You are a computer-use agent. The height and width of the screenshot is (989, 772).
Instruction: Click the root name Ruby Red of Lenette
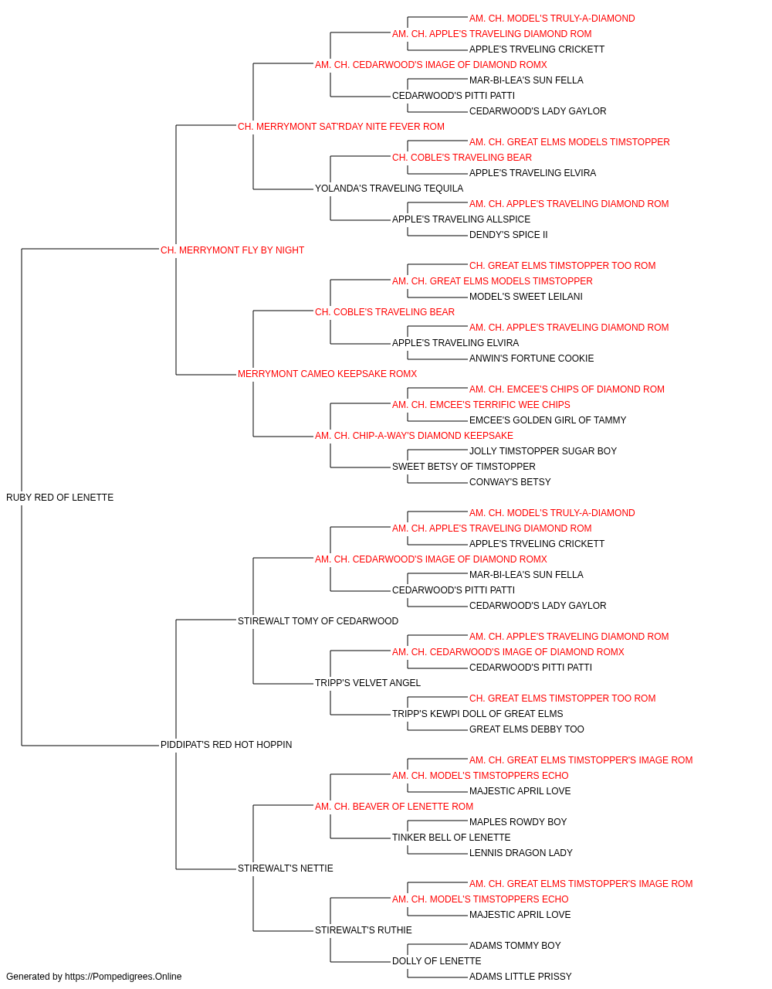pyautogui.click(x=59, y=498)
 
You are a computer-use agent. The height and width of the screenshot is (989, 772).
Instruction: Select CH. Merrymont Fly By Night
pyautogui.click(x=232, y=250)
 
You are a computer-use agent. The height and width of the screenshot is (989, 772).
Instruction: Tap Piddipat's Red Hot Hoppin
pyautogui.click(x=226, y=745)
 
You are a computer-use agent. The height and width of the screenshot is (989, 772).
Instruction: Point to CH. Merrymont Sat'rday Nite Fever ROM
pyautogui.click(x=341, y=127)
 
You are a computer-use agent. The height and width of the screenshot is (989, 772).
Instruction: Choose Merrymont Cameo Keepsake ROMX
pyautogui.click(x=327, y=374)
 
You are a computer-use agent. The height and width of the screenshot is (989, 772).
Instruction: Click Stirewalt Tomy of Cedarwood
pyautogui.click(x=318, y=620)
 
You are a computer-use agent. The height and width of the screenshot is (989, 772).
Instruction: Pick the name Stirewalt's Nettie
pyautogui.click(x=285, y=868)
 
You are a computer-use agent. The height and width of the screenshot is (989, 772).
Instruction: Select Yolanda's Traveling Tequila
pyautogui.click(x=389, y=189)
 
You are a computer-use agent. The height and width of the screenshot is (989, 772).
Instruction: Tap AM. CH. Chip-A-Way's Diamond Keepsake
pyautogui.click(x=414, y=436)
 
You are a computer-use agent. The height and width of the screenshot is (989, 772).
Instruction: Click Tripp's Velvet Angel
pyautogui.click(x=367, y=683)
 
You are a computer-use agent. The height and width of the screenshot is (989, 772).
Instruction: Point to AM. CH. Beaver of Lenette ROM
pyautogui.click(x=394, y=807)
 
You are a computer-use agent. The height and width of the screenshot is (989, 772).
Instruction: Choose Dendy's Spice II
pyautogui.click(x=508, y=235)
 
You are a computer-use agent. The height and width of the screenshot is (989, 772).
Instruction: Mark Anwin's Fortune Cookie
pyautogui.click(x=531, y=359)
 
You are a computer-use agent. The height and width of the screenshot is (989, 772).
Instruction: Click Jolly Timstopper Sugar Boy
pyautogui.click(x=543, y=451)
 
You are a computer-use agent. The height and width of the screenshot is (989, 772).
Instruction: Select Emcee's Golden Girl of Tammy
pyautogui.click(x=547, y=420)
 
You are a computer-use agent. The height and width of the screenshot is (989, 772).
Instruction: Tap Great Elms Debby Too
pyautogui.click(x=527, y=729)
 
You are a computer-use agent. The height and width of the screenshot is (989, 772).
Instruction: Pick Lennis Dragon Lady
pyautogui.click(x=520, y=853)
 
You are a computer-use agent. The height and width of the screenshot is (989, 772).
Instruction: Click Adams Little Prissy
pyautogui.click(x=520, y=977)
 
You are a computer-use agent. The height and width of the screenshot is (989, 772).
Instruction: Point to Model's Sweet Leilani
pyautogui.click(x=526, y=297)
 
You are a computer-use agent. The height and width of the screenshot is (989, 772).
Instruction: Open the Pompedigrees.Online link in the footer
pyautogui.click(x=123, y=977)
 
